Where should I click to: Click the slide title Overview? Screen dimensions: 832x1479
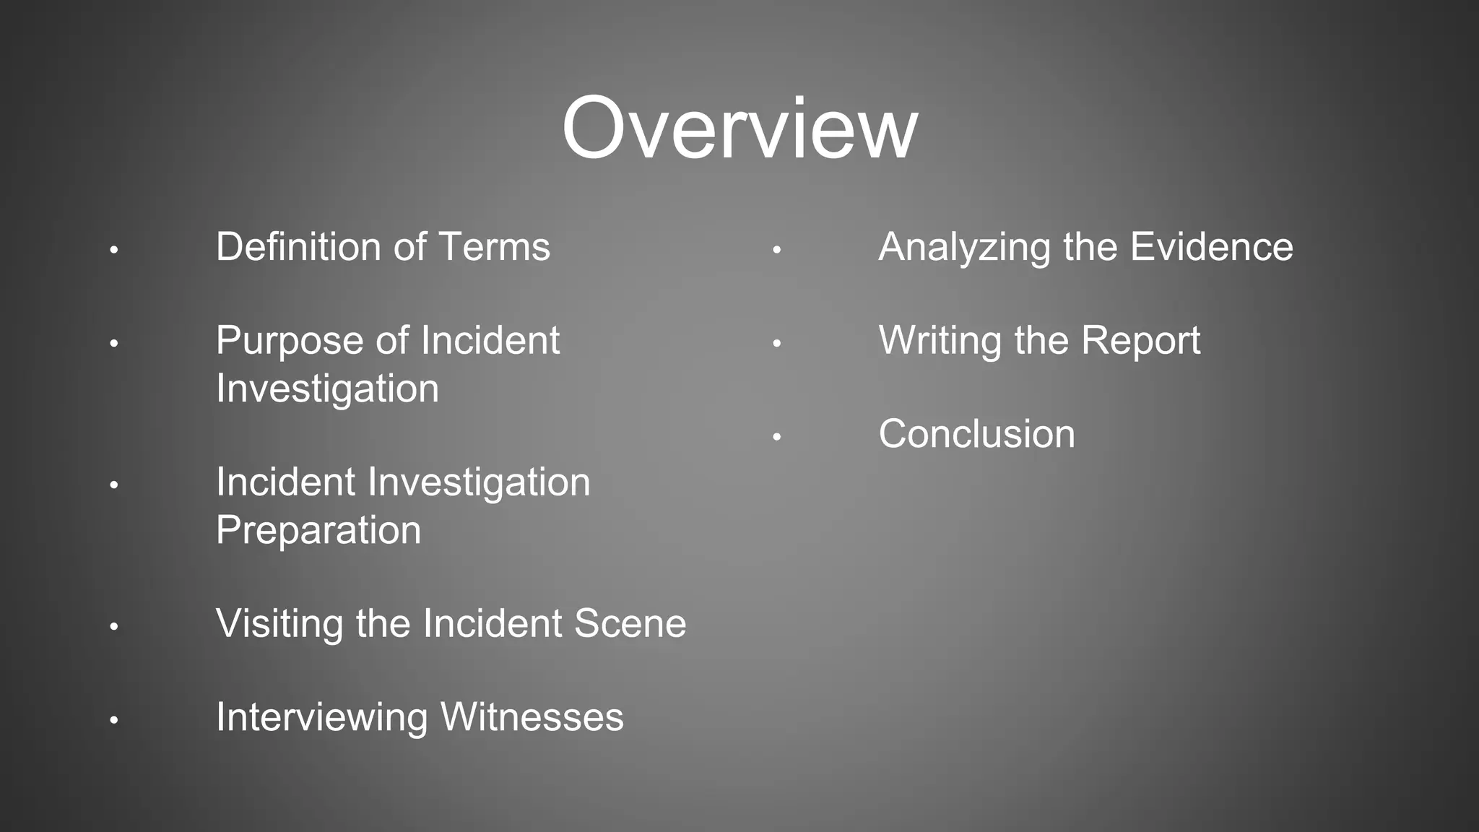(739, 129)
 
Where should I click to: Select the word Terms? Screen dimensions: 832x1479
(494, 247)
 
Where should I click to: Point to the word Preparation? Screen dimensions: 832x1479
(318, 530)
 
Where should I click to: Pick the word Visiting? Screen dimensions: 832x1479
(279, 624)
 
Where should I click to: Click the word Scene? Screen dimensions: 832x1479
(630, 624)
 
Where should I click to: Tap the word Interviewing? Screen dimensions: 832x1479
(322, 718)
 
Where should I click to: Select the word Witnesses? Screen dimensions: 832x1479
(532, 718)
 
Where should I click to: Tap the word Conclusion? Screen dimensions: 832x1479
(976, 434)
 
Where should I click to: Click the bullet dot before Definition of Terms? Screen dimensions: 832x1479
(114, 251)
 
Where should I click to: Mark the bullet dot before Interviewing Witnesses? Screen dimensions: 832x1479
(114, 720)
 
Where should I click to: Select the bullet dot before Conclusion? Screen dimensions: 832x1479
(776, 437)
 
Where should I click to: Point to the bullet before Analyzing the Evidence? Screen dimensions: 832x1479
(776, 251)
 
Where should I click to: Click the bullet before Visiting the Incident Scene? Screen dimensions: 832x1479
(114, 626)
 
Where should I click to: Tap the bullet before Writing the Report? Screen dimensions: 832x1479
(776, 344)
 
